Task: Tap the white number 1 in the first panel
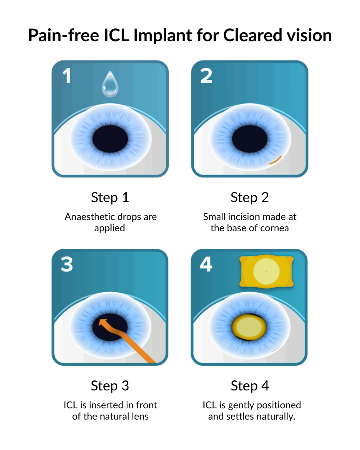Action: click(x=67, y=76)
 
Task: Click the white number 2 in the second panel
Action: click(x=206, y=76)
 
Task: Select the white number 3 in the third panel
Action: click(x=67, y=264)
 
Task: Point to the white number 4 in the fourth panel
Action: click(x=206, y=264)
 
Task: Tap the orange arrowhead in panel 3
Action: click(x=103, y=322)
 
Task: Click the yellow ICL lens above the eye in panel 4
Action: click(x=266, y=271)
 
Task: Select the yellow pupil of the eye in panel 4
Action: click(x=249, y=327)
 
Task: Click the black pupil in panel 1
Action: click(x=110, y=139)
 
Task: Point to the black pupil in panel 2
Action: click(x=250, y=139)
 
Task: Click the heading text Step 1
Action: click(x=110, y=197)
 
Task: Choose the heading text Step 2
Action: click(x=250, y=197)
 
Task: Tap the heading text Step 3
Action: click(x=110, y=386)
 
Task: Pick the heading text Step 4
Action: click(x=250, y=386)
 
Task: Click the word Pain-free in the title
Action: click(x=64, y=35)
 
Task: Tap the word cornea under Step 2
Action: click(x=274, y=228)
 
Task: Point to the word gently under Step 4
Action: click(x=241, y=405)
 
